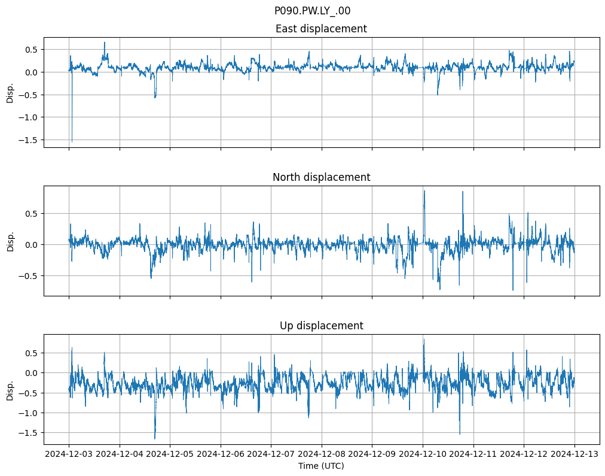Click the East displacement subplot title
[321, 29]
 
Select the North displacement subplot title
[321, 177]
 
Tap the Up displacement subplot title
[321, 326]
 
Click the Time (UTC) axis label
[321, 466]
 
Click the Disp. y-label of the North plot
[10, 241]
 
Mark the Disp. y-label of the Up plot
[10, 389]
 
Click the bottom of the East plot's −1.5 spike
[72, 142]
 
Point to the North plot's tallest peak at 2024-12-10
[424, 191]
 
